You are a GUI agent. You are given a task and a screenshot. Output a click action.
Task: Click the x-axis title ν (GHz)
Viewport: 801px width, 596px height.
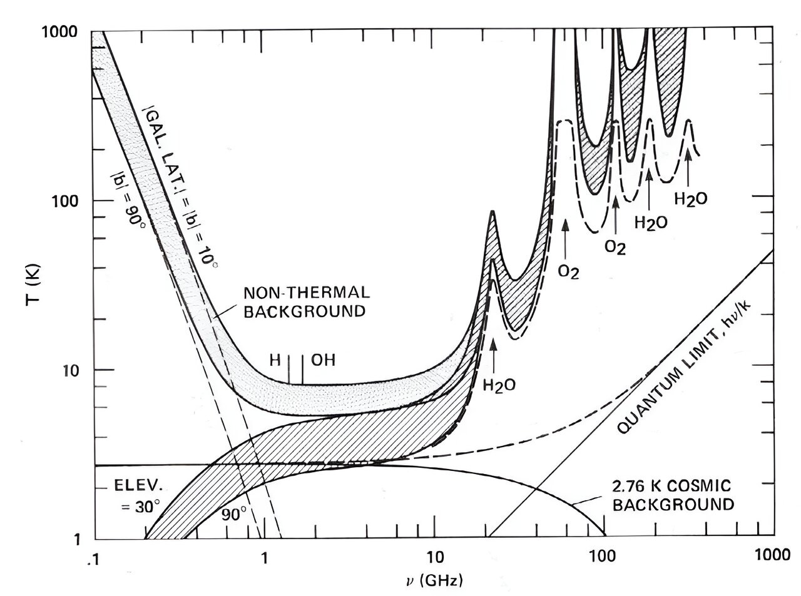[x=434, y=580]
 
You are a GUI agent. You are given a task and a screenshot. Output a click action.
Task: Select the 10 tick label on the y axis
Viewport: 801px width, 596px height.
[x=73, y=370]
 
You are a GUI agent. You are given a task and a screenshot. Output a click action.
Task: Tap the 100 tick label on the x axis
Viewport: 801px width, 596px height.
[x=604, y=555]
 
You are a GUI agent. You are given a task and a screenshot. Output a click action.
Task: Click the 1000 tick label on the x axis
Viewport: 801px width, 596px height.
[x=770, y=555]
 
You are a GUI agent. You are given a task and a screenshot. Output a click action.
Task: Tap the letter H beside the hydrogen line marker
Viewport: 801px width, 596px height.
[x=275, y=360]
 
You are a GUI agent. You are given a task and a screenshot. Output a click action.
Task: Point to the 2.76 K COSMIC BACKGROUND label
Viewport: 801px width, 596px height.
[x=673, y=495]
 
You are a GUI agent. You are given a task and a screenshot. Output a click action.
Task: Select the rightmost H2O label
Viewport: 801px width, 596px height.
[x=691, y=199]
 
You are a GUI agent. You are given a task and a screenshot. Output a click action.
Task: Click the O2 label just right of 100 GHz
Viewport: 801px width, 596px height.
[x=615, y=246]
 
